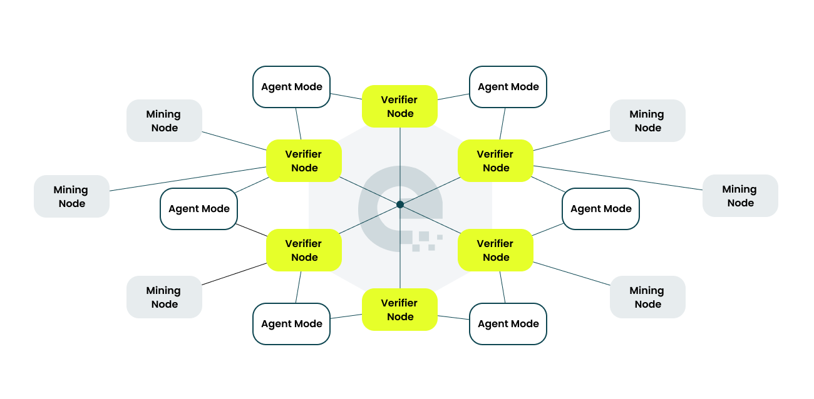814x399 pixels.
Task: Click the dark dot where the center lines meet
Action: [x=400, y=205]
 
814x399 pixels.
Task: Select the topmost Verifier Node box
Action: [x=399, y=106]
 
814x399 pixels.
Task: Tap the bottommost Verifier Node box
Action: [x=399, y=310]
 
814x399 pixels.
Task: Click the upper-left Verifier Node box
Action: [x=304, y=161]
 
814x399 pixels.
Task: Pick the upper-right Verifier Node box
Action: [x=495, y=161]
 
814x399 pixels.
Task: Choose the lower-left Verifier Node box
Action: [x=304, y=250]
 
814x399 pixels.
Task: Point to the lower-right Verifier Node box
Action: [x=495, y=250]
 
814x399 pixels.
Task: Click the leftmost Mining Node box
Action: [x=71, y=196]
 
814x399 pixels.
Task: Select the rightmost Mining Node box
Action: [x=740, y=196]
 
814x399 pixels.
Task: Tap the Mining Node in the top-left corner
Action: [x=164, y=121]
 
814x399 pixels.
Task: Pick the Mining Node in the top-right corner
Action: [x=647, y=121]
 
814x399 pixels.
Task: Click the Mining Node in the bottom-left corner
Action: [x=164, y=297]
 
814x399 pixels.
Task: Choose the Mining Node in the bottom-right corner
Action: [x=647, y=297]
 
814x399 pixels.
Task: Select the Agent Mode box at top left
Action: [x=291, y=87]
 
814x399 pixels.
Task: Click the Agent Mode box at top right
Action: [x=508, y=87]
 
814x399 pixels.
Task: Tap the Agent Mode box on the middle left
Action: [x=198, y=209]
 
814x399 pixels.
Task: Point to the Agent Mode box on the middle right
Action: [x=600, y=209]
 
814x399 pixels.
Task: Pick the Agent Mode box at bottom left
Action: [x=291, y=324]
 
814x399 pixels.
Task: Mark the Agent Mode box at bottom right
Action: [x=508, y=324]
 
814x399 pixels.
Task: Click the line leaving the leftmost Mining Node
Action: [x=188, y=179]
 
